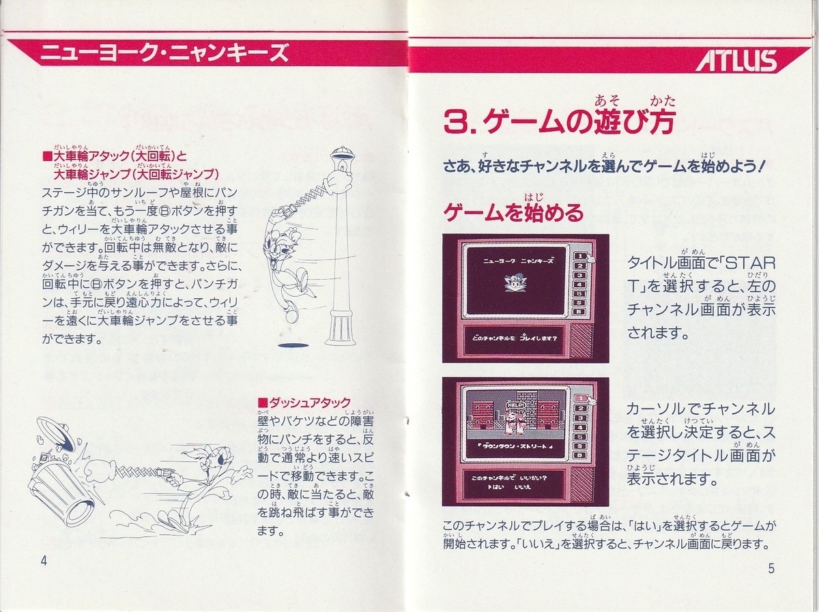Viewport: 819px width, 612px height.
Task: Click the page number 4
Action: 44,561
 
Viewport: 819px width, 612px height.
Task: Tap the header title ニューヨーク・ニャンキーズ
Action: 164,53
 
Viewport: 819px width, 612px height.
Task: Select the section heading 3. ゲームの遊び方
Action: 559,123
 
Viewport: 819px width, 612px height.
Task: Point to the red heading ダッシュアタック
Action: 304,402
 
